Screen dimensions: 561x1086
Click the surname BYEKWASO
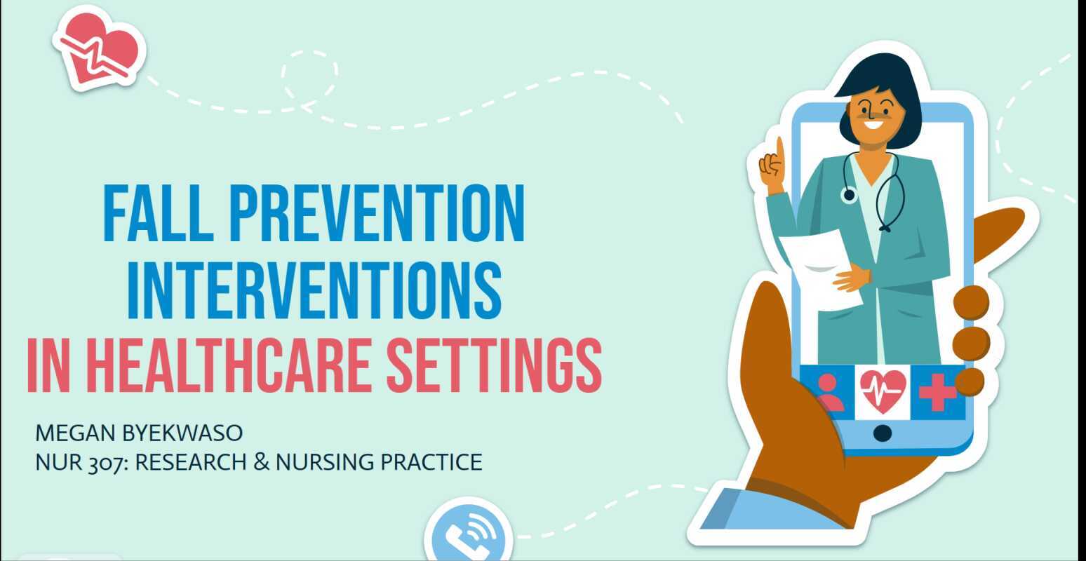tap(182, 433)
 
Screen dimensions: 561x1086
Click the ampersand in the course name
tap(262, 463)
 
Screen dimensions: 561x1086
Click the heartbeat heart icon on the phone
tap(883, 391)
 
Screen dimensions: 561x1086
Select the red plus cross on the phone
tap(937, 391)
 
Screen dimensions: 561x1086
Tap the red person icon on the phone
tap(829, 393)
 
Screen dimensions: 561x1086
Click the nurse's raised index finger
tap(779, 149)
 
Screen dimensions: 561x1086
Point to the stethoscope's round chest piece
tap(849, 194)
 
